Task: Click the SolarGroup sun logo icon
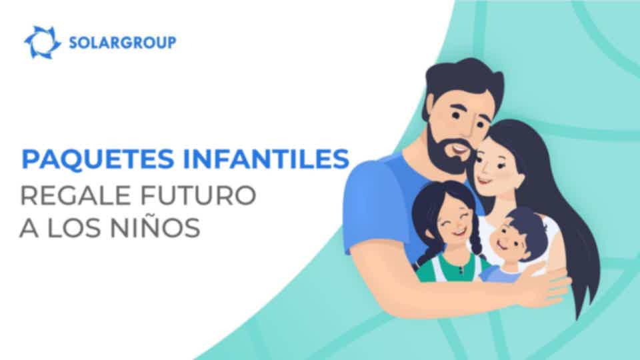42,42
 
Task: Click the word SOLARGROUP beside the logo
123,43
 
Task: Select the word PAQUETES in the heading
98,159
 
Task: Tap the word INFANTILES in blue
266,159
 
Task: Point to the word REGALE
75,195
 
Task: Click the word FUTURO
199,195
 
